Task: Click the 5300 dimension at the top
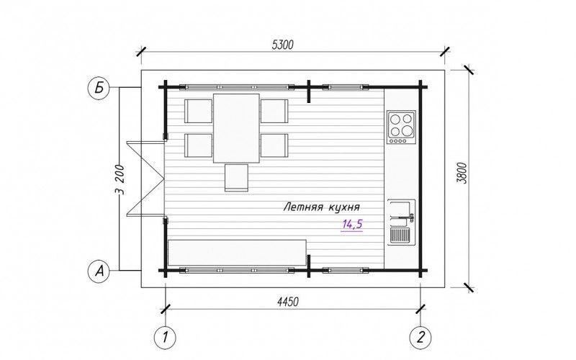[283, 45]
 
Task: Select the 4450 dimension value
[287, 302]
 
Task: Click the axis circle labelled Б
[99, 88]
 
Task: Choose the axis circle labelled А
[99, 271]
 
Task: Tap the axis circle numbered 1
[165, 337]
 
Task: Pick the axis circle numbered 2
[420, 337]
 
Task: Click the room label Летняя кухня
[321, 208]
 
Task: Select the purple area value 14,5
[352, 224]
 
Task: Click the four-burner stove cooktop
[401, 127]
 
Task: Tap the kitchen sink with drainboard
[402, 222]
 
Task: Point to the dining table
[236, 128]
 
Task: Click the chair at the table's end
[236, 178]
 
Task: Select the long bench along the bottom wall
[237, 253]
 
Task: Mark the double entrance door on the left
[145, 179]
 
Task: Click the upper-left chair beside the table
[199, 111]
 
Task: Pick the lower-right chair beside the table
[274, 145]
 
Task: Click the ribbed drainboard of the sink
[400, 235]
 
